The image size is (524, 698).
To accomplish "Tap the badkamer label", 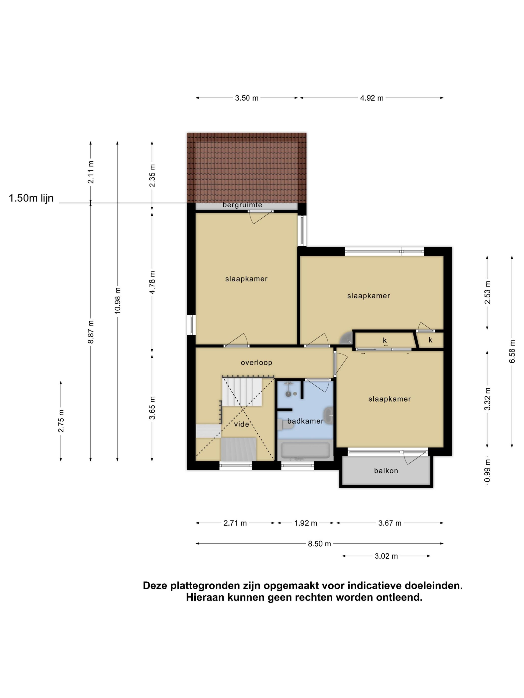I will (x=305, y=421).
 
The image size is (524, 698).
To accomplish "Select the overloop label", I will (x=256, y=362).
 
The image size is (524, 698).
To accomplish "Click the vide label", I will (x=241, y=424).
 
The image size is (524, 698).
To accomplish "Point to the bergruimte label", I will (x=242, y=205).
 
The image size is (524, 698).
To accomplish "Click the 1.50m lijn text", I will (x=31, y=198).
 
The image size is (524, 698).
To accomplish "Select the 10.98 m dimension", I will (x=118, y=300).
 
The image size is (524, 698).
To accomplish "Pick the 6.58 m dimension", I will (x=512, y=351).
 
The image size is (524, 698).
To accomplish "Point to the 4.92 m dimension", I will (x=372, y=98).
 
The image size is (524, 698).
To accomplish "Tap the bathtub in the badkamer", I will (x=305, y=450).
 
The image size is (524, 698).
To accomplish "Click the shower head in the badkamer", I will (x=288, y=394).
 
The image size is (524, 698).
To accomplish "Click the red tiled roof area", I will (x=246, y=167).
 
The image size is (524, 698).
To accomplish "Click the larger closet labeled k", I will (x=385, y=341).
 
